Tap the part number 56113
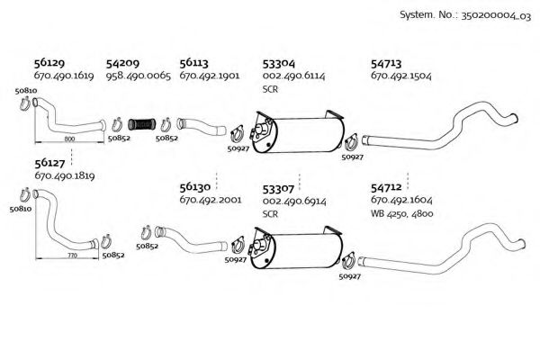point(194,64)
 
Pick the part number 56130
point(194,189)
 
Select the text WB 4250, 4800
point(400,215)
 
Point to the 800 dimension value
point(71,139)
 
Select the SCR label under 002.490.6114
point(270,90)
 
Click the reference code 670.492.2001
point(210,202)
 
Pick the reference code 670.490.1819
point(64,177)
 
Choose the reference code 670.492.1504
point(400,77)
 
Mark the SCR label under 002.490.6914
point(270,215)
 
